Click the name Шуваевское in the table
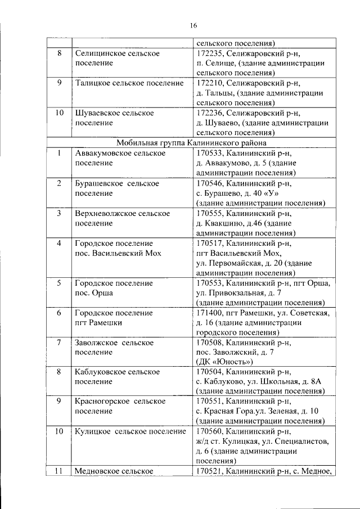[97, 113]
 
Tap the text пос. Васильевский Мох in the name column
[118, 253]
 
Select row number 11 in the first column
[58, 471]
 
